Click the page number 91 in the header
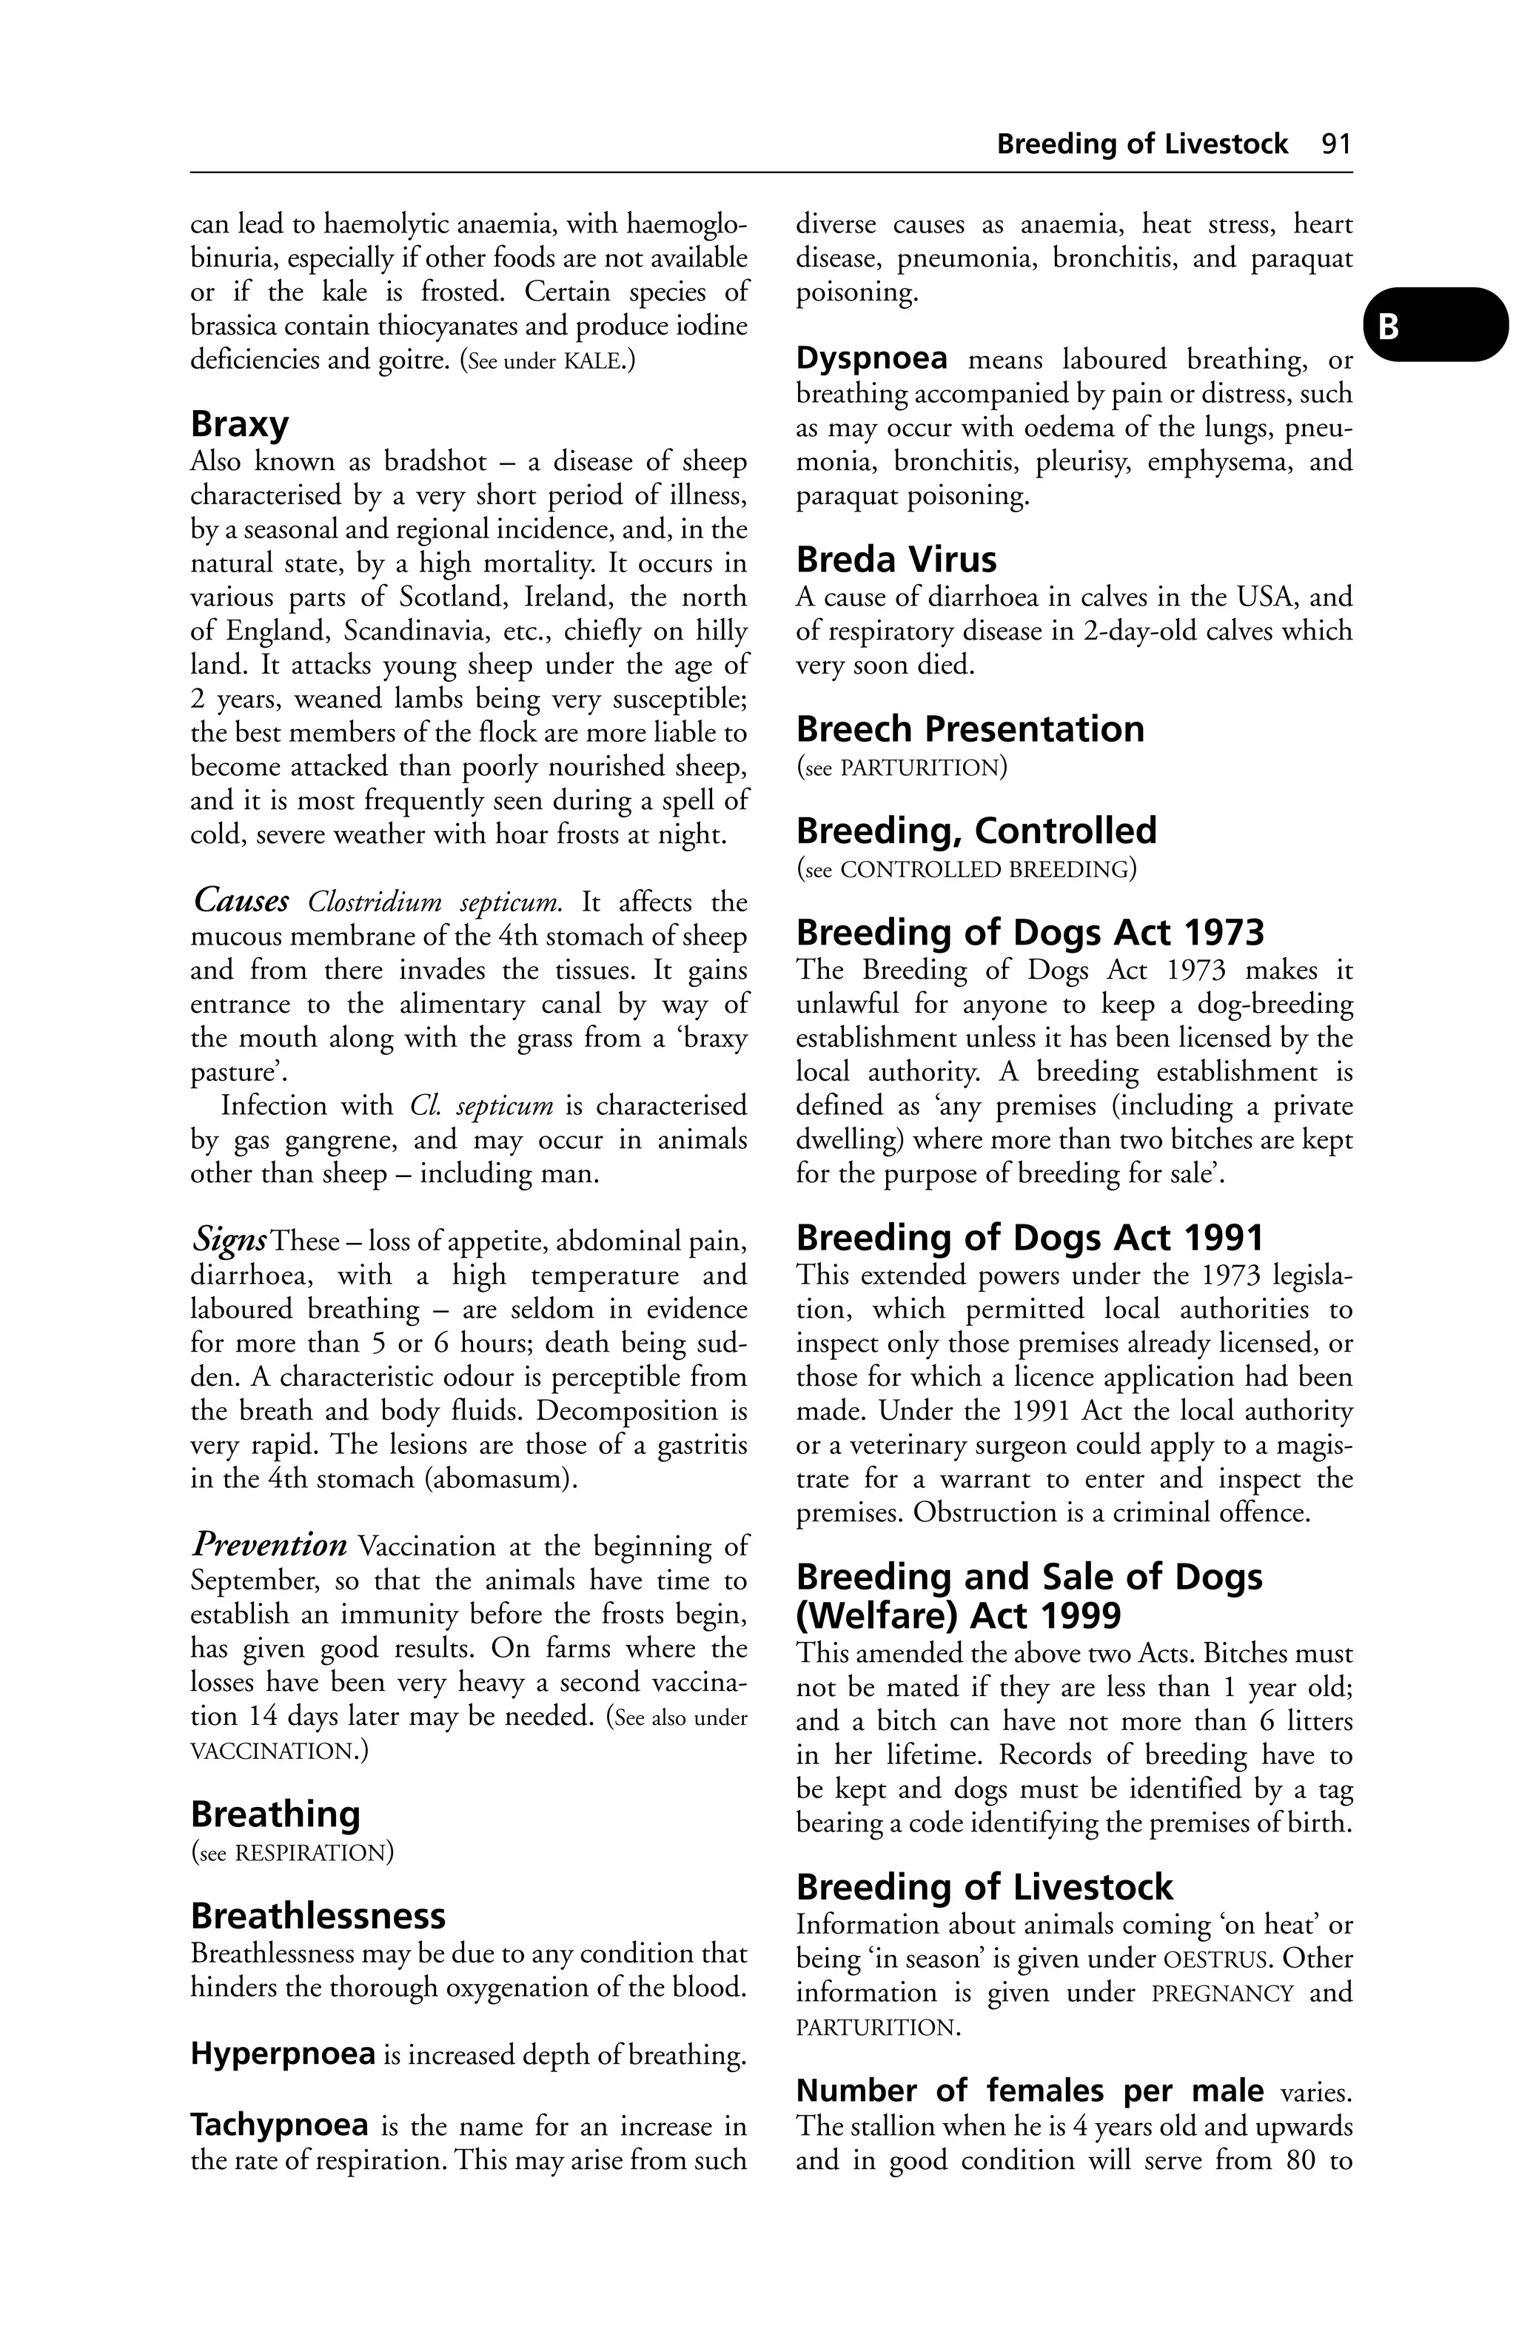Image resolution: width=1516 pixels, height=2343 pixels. pos(1337,144)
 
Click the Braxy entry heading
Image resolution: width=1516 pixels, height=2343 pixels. pos(239,424)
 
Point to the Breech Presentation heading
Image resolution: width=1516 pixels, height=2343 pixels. pos(969,729)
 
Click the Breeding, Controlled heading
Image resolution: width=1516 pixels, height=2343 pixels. pos(975,831)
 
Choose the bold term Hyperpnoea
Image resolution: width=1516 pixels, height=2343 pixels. pos(283,2054)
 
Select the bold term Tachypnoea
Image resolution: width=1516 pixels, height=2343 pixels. pos(280,2125)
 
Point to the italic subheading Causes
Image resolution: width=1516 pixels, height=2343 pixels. pos(241,899)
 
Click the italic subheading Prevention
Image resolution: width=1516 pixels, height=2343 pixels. pos(268,1545)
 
